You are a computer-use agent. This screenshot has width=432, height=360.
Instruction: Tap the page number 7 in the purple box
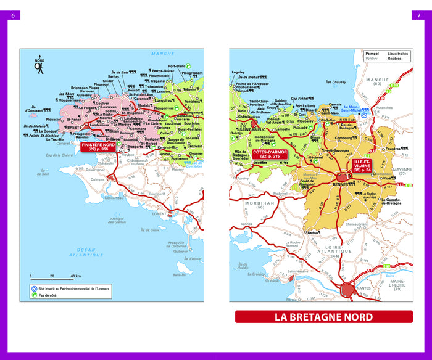point(419,15)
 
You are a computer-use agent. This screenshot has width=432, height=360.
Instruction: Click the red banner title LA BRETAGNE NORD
point(323,317)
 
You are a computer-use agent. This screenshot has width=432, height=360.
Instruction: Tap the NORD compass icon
point(39,65)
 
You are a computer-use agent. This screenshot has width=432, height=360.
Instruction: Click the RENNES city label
point(340,184)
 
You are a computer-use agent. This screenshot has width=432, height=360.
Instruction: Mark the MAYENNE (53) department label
point(403,171)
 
